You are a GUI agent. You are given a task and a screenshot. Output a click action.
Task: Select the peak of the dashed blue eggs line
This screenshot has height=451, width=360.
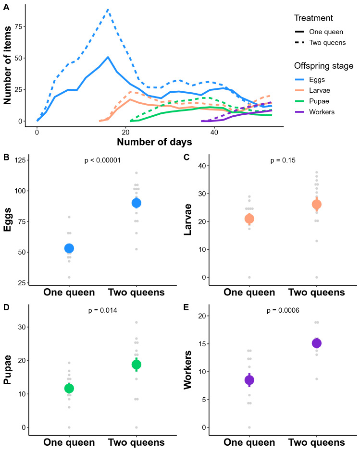pyautogui.click(x=108, y=9)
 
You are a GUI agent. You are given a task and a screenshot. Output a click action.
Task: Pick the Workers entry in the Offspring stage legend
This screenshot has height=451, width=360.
pyautogui.click(x=322, y=112)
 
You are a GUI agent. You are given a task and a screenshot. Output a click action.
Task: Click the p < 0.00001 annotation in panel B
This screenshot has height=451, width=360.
pyautogui.click(x=103, y=160)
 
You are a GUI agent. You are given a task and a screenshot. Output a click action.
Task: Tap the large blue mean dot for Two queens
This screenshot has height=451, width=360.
pyautogui.click(x=137, y=203)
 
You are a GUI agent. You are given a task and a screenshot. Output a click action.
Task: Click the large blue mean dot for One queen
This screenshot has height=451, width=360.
pyautogui.click(x=69, y=248)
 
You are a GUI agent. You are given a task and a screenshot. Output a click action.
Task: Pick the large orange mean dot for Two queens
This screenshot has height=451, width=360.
pyautogui.click(x=316, y=204)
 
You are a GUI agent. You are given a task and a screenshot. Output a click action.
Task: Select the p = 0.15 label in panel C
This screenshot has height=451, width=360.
pyautogui.click(x=283, y=160)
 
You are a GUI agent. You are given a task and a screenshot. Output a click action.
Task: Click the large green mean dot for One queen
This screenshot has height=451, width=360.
pyautogui.click(x=69, y=388)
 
